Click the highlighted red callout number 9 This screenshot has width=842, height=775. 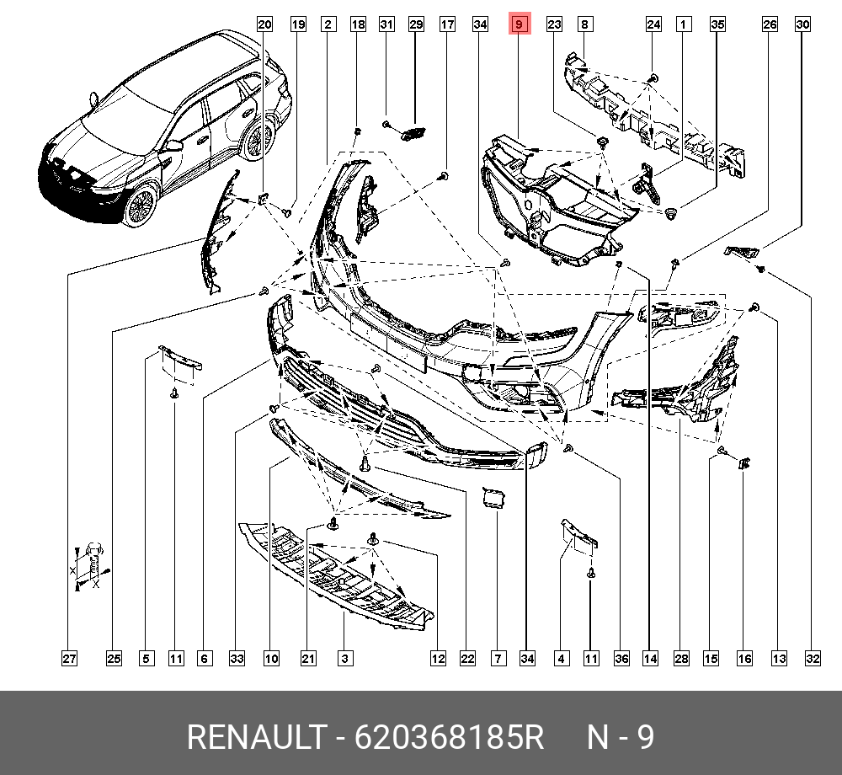coord(520,25)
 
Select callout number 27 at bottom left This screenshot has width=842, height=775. coord(69,658)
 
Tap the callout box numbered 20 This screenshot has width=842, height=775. coord(264,25)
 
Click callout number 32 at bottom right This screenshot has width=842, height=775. coord(812,658)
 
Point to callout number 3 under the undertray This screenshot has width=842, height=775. coord(345,658)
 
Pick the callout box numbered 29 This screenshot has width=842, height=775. coord(416,25)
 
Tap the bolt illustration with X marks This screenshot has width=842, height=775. coord(93,560)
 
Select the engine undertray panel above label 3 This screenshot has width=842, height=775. coord(337,573)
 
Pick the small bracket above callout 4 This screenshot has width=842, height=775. coord(579,534)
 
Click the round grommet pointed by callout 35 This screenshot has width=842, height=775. coord(670,214)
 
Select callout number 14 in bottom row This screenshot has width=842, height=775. coord(650,658)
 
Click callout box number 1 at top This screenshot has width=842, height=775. coord(685,25)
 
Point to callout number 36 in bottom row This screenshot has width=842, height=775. coord(621,658)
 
